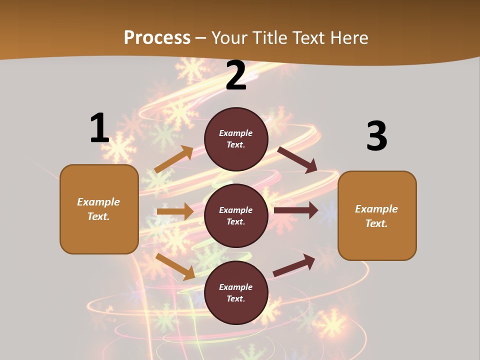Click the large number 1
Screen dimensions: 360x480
click(x=99, y=128)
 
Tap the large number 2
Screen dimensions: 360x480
click(x=236, y=76)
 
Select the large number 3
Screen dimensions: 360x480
click(x=376, y=136)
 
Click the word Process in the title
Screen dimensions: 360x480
click(x=157, y=37)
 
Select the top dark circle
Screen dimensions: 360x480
click(x=236, y=139)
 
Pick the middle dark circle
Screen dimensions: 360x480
click(x=236, y=215)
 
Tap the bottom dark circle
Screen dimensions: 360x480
click(x=236, y=292)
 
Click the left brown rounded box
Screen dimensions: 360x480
click(x=99, y=209)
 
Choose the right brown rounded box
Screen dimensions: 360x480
click(x=377, y=215)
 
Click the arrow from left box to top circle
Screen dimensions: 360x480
click(x=174, y=159)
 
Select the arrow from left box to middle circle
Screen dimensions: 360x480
click(x=175, y=211)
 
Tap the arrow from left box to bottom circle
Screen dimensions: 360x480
click(x=175, y=266)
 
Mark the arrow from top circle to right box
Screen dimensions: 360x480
click(x=297, y=159)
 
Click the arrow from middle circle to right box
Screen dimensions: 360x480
click(x=296, y=210)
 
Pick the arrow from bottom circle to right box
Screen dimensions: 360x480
click(x=294, y=265)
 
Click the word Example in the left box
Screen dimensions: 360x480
click(x=98, y=202)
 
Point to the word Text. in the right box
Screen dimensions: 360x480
click(x=376, y=223)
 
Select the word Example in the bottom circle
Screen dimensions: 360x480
click(x=236, y=287)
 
